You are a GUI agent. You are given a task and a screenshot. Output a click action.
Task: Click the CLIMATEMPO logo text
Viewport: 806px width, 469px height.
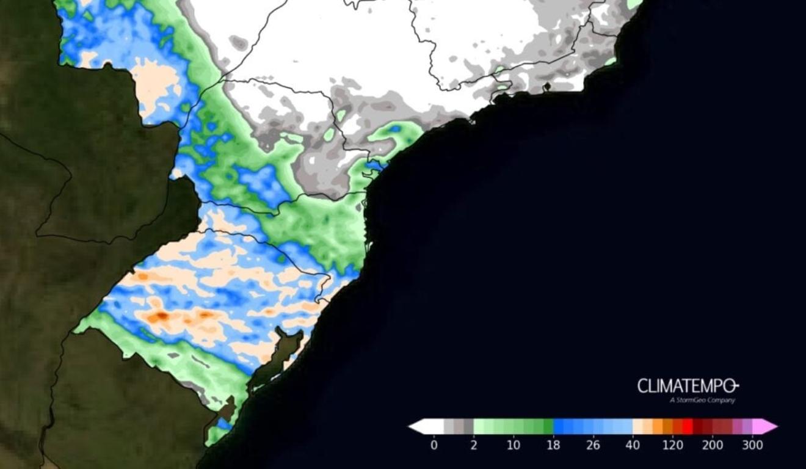688,386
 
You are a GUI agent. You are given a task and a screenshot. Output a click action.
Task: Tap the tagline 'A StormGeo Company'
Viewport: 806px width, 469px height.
702,401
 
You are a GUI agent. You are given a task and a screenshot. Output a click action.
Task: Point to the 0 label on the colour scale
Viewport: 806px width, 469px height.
434,445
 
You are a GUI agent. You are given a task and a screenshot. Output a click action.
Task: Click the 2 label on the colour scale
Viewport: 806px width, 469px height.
473,445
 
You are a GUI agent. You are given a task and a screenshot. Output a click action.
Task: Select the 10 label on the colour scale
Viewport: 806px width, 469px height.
514,445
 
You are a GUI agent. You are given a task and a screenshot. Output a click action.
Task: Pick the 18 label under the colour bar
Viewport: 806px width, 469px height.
553,445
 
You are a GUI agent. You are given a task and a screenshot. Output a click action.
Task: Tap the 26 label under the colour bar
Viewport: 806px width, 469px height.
593,445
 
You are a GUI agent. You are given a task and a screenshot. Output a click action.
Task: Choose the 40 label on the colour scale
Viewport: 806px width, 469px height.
633,445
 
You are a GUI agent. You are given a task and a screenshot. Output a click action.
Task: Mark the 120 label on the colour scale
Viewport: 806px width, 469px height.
672,445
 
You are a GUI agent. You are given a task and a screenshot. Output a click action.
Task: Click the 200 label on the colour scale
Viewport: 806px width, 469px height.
712,445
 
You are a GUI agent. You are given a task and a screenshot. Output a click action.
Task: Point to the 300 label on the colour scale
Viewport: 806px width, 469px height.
752,445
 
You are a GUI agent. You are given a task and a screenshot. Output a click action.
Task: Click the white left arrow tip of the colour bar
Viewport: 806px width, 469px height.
415,426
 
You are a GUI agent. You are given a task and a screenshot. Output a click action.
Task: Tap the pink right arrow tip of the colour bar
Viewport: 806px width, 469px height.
771,426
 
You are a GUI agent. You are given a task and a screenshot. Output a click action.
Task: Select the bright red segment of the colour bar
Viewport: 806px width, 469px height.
688,426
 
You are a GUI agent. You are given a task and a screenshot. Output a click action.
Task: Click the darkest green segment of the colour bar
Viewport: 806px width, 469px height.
548,426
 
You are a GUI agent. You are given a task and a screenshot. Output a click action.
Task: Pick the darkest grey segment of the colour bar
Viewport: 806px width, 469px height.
468,426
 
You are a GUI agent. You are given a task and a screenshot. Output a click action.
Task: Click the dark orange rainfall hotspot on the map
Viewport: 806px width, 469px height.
161,316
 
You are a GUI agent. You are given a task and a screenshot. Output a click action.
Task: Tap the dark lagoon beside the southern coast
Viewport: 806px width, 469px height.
278,360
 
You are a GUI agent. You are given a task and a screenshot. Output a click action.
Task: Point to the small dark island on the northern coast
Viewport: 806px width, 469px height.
547,87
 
